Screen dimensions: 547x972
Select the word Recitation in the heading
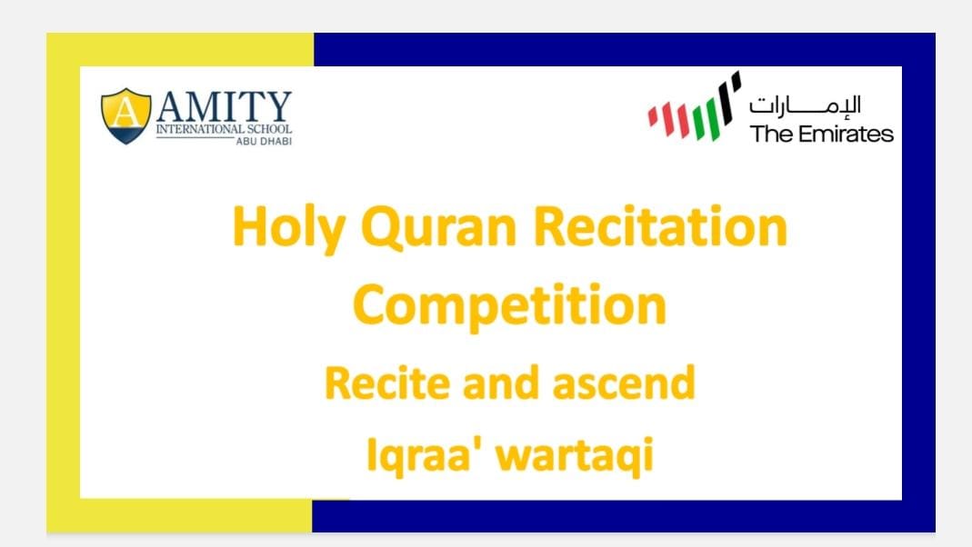tap(659, 227)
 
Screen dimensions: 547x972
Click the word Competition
tap(509, 306)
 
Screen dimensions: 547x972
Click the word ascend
tap(628, 383)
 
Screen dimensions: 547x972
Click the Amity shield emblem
tap(125, 116)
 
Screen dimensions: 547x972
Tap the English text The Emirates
tap(821, 134)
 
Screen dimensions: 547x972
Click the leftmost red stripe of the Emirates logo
tap(653, 116)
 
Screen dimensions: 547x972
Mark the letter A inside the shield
tap(125, 112)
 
